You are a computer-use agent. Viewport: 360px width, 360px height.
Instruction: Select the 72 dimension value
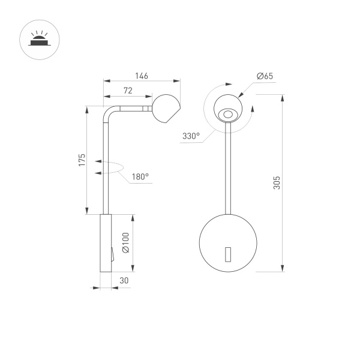point(128,90)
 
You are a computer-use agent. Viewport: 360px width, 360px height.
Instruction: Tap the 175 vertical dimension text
point(82,160)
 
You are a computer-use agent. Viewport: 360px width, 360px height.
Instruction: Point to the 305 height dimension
point(277,182)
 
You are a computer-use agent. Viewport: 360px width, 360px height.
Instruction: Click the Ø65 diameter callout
point(265,76)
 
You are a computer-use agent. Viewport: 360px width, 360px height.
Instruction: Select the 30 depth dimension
point(124,281)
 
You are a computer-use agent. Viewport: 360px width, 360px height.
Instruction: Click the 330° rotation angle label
point(191,136)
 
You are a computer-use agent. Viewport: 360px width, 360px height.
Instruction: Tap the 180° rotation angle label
point(140,177)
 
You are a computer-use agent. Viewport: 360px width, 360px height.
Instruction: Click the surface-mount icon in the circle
point(37,40)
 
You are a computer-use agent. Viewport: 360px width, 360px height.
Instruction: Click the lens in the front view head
point(228,113)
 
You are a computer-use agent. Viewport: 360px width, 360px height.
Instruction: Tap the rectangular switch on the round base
point(228,254)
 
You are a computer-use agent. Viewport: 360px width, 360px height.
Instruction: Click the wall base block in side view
point(105,243)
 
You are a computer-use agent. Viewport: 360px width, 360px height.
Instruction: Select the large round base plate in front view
point(228,242)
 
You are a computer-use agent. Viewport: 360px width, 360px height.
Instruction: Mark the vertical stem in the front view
point(228,168)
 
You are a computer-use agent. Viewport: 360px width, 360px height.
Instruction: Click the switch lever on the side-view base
point(112,256)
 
